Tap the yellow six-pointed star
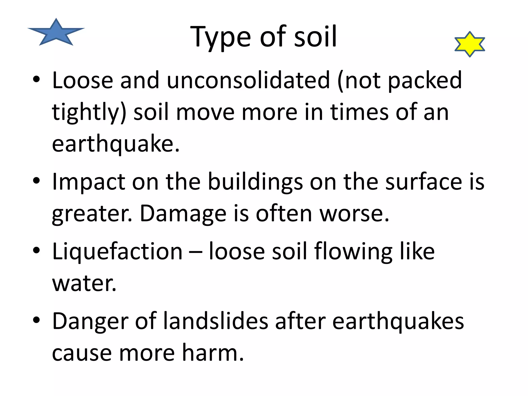click(470, 44)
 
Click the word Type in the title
click(220, 37)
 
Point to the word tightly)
click(89, 112)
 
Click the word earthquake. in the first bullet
click(116, 144)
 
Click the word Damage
click(183, 214)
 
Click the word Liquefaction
click(117, 251)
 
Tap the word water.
click(84, 283)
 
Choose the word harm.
click(213, 353)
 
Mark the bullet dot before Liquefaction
click(36, 250)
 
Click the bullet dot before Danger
click(36, 320)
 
